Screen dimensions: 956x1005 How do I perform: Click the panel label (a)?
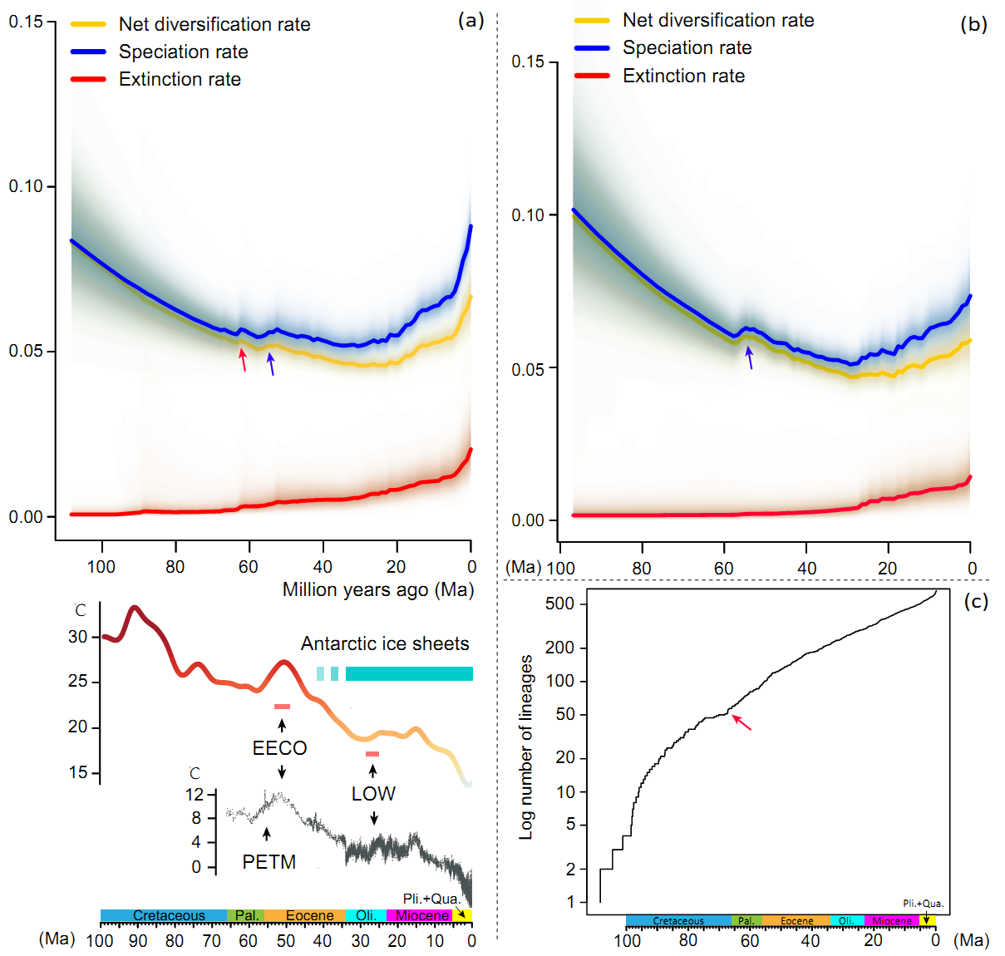pyautogui.click(x=470, y=21)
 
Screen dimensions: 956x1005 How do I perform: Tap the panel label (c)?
pyautogui.click(x=976, y=601)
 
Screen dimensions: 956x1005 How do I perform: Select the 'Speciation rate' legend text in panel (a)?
pyautogui.click(x=183, y=52)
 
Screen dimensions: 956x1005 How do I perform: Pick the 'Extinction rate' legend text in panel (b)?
pyautogui.click(x=683, y=76)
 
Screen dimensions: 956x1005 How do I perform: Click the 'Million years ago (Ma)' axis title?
pyautogui.click(x=378, y=590)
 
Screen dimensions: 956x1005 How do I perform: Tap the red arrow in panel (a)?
pyautogui.click(x=243, y=359)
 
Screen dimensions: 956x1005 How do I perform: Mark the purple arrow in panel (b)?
pyautogui.click(x=750, y=357)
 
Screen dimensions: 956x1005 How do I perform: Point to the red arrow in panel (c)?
pyautogui.click(x=741, y=722)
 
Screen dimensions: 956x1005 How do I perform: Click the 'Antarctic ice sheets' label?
pyautogui.click(x=385, y=643)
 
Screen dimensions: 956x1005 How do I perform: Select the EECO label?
pyautogui.click(x=280, y=748)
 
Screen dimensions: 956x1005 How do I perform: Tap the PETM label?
pyautogui.click(x=268, y=862)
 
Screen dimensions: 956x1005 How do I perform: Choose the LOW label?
pyautogui.click(x=373, y=794)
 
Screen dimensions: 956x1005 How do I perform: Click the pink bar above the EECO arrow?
pyautogui.click(x=282, y=707)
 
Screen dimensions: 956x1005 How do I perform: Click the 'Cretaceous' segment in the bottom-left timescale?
pyautogui.click(x=169, y=915)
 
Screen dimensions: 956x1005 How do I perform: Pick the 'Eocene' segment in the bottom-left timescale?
pyautogui.click(x=309, y=915)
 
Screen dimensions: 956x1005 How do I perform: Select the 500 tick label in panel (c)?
pyautogui.click(x=559, y=604)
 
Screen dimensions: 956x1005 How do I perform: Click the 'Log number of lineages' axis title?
pyautogui.click(x=526, y=747)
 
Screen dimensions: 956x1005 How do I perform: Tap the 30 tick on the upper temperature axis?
pyautogui.click(x=78, y=637)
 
